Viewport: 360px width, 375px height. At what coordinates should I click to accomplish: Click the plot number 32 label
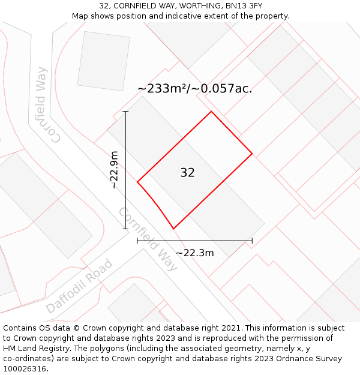187,173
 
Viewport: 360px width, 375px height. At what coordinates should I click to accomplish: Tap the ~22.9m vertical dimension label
114,170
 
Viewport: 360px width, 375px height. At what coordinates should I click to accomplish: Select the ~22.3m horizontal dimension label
194,253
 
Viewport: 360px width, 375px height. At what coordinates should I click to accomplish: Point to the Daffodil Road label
79,286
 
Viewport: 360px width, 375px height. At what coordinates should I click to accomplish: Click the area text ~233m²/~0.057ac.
194,89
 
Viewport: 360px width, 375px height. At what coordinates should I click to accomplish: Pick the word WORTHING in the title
194,6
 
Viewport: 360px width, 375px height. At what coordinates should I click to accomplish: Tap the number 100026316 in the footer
26,369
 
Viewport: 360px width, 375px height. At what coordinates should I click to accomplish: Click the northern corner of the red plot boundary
211,112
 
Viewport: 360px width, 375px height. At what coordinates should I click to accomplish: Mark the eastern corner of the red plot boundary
252,154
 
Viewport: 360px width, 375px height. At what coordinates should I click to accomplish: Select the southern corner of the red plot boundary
173,229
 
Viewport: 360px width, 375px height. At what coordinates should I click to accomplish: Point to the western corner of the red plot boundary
137,182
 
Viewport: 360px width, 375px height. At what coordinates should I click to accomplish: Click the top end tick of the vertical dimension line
125,112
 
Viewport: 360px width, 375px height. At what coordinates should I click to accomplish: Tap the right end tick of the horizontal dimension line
252,241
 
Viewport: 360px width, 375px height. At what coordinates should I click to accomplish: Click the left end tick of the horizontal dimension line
137,241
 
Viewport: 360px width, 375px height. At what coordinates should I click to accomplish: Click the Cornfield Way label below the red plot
148,239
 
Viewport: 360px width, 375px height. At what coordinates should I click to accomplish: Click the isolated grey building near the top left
103,61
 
